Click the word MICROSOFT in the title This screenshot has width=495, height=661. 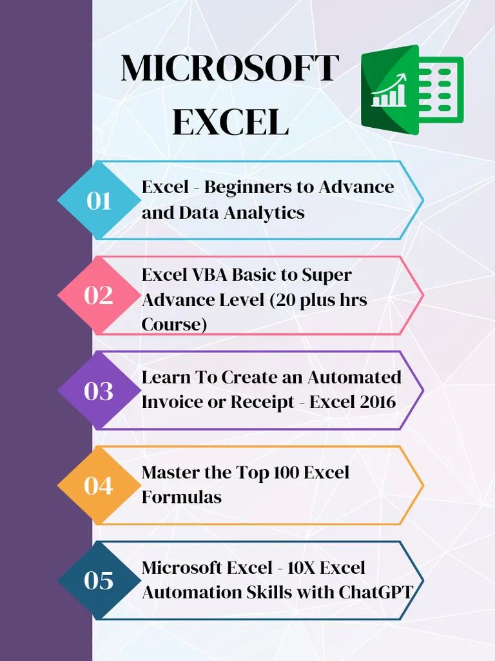point(229,68)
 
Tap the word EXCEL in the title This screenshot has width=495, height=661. point(230,122)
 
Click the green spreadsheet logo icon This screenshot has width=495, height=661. point(412,89)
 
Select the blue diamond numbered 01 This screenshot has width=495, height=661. point(99,201)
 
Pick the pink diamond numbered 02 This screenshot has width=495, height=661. point(99,296)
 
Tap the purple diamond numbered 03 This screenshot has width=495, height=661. point(99,391)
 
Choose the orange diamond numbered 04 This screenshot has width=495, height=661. point(99,485)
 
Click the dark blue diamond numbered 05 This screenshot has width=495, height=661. point(99,580)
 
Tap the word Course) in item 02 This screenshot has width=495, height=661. point(174,325)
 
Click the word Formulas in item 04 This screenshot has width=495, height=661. point(181,497)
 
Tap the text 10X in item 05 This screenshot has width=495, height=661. point(291,567)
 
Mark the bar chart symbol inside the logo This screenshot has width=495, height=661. point(389,92)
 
